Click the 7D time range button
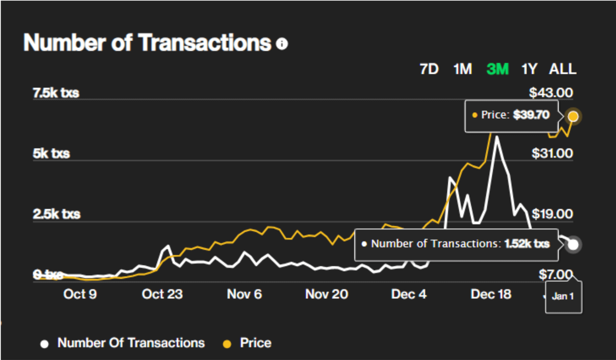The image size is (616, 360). coord(429,69)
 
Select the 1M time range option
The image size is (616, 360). coord(462,69)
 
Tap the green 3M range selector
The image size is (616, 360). coord(497,69)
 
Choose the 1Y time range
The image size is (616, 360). coord(529,69)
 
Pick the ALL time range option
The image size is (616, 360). coord(562,69)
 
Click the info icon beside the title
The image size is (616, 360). coord(282,43)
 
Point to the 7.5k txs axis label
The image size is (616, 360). coord(56,93)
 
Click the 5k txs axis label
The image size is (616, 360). coord(51,153)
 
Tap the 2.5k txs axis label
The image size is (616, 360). coord(57,214)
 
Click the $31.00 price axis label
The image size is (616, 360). coord(552,153)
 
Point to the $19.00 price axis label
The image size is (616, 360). coord(552,214)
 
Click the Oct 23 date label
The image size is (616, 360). coord(162,294)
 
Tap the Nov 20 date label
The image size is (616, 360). coord(326,294)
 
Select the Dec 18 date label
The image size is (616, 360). coord(491,294)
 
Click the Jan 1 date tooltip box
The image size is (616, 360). coord(563,296)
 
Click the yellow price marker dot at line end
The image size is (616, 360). coord(573,116)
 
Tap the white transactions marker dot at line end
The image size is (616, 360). coord(573,244)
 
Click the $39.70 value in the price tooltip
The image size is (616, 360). coord(531,115)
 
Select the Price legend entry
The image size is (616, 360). coord(255,343)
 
